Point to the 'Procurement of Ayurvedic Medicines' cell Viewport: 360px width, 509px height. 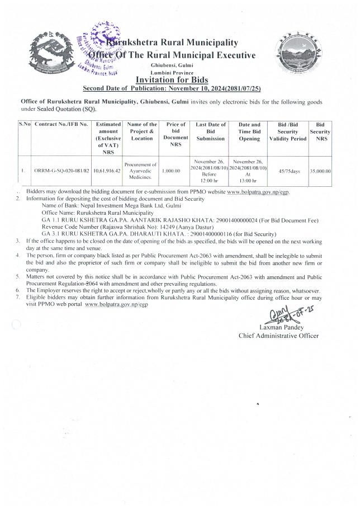(141, 170)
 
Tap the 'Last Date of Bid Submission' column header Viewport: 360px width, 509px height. (210, 131)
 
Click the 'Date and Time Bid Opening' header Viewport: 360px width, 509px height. (249, 131)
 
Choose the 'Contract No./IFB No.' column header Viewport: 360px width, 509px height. (61, 124)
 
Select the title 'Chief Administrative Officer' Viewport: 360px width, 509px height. (278, 336)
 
